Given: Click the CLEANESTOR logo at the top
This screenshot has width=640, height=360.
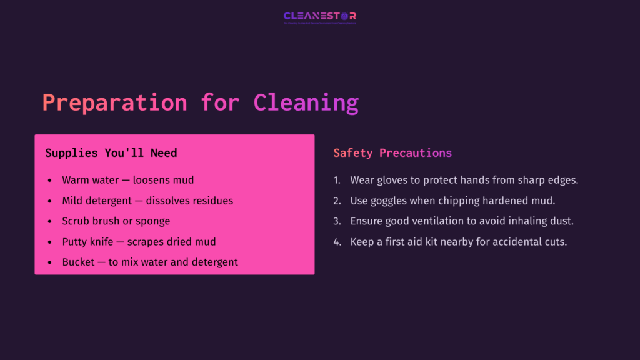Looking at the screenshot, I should (320, 17).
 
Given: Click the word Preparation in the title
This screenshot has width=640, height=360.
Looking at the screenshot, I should (114, 102).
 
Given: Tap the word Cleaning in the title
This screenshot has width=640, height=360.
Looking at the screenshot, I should (306, 102).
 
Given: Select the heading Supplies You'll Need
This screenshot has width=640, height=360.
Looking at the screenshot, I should (111, 153).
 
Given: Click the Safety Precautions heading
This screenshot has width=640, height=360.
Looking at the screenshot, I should (392, 153).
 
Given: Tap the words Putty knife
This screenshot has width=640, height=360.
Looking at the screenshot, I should (88, 242).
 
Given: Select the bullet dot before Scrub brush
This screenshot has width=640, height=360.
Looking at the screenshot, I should (50, 221).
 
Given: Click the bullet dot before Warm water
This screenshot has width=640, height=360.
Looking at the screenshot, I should (50, 180).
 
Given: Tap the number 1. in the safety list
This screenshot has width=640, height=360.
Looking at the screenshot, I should (337, 180).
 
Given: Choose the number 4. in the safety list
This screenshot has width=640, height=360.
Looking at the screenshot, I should (337, 242).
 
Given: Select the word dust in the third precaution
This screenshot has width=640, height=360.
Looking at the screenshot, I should (562, 221).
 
